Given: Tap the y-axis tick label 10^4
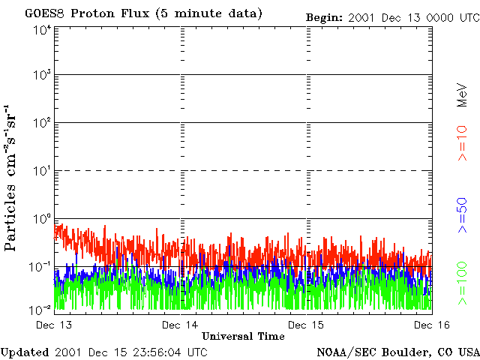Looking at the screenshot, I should tap(41, 30).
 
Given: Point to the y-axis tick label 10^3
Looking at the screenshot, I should tap(41, 76).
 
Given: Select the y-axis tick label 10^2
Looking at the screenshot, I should tap(41, 123).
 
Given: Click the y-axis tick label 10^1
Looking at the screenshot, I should tap(41, 171).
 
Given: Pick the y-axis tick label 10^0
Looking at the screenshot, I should tap(41, 219).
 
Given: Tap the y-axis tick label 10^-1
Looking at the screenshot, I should tap(41, 267).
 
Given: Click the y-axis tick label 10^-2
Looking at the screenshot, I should tap(41, 308).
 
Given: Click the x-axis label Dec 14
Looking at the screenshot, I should tap(180, 325).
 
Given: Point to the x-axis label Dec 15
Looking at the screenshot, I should tap(306, 325).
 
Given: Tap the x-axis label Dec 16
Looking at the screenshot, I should tap(431, 325).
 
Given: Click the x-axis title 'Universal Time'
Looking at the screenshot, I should tap(243, 336).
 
